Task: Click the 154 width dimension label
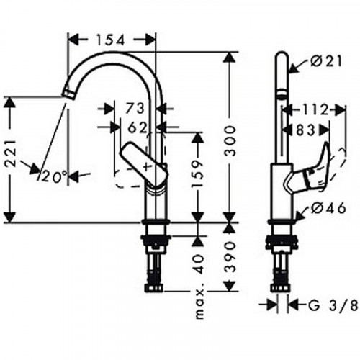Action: pyautogui.click(x=111, y=40)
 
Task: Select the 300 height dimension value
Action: pyautogui.click(x=231, y=141)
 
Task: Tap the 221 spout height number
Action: pyautogui.click(x=11, y=153)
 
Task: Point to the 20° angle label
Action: pyautogui.click(x=53, y=178)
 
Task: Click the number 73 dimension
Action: pyautogui.click(x=135, y=108)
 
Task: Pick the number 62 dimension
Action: pyautogui.click(x=137, y=128)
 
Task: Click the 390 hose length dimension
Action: pyautogui.click(x=230, y=257)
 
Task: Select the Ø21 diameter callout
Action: pyautogui.click(x=326, y=62)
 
